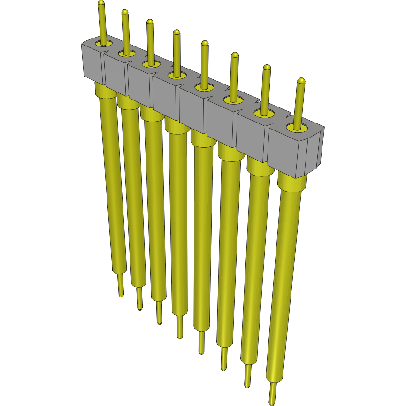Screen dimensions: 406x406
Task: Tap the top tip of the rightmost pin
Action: [301, 82]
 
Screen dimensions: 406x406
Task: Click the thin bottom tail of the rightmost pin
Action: [272, 393]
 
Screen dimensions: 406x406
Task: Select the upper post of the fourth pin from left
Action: [176, 52]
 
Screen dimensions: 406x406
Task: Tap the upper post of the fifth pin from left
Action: [205, 63]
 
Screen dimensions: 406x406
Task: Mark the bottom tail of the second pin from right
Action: [247, 375]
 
